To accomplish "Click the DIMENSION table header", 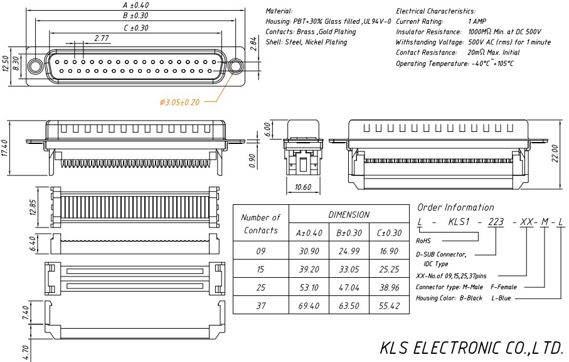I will click(349, 214).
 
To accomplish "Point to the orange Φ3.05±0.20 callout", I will click(179, 102).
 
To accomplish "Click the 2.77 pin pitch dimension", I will click(102, 38).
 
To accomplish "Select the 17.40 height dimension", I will click(6, 149).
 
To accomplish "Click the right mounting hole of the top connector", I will click(237, 67).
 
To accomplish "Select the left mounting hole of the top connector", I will click(35, 67).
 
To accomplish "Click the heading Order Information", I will click(455, 207).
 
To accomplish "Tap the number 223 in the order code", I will click(496, 222).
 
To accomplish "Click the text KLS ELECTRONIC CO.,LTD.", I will click(472, 348).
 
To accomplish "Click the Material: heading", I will click(279, 11).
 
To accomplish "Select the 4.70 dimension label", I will click(26, 351).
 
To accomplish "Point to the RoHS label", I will click(423, 240).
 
